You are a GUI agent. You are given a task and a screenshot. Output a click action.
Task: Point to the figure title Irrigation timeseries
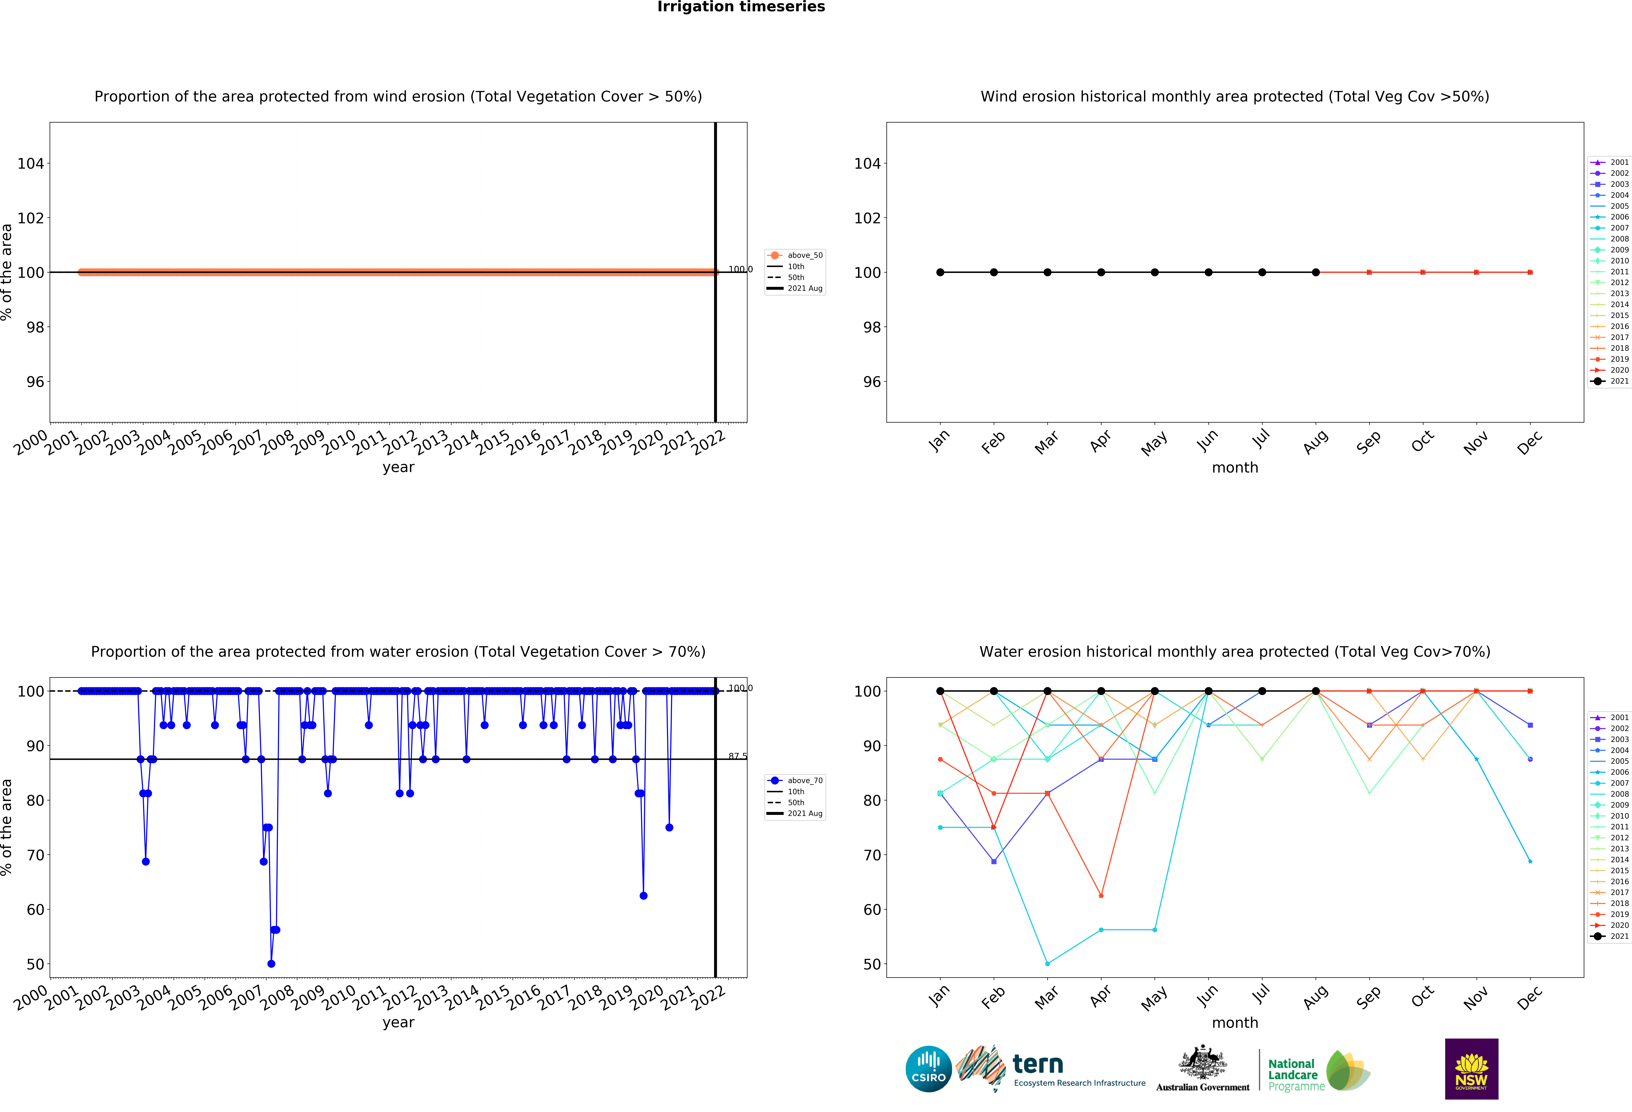741,7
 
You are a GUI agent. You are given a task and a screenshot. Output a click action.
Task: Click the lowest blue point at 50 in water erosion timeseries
271,964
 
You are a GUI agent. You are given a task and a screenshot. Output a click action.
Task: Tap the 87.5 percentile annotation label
737,756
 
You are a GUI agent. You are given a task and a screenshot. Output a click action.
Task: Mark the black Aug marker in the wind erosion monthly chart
1315,272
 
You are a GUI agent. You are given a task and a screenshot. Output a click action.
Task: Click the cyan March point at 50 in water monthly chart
1047,964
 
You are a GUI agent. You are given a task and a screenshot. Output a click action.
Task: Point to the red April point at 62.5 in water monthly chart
1100,896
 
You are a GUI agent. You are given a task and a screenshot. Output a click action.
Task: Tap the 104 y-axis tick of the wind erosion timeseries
30,164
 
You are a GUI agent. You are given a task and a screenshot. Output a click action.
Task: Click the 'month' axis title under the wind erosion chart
1234,467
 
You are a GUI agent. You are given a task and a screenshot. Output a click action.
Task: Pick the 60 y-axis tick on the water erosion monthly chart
871,910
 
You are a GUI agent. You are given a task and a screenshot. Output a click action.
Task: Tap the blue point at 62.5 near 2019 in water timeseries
643,896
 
